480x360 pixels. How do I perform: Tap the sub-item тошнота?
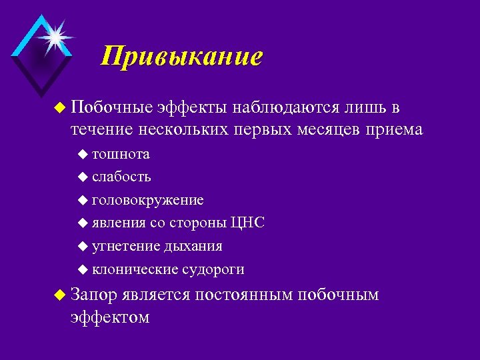coord(121,155)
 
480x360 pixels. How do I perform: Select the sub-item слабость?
coord(121,177)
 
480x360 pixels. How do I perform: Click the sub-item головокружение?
coord(148,200)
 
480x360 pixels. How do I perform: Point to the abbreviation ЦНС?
coord(247,223)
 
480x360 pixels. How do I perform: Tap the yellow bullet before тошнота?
coord(82,155)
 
